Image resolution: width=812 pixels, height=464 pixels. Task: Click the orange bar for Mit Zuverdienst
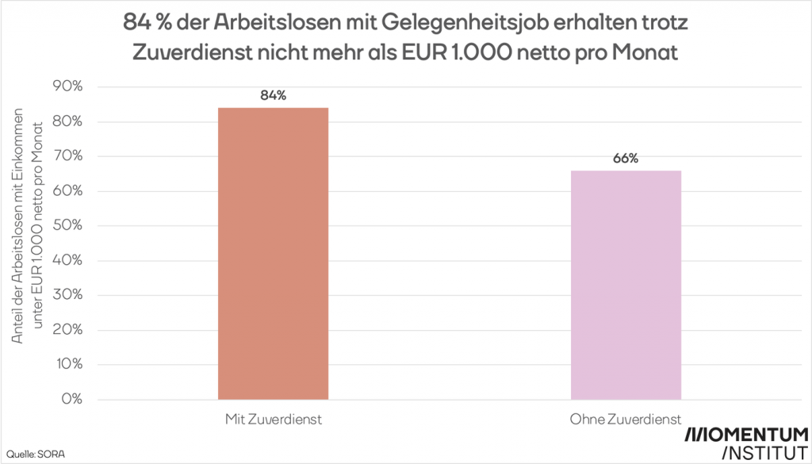[273, 254]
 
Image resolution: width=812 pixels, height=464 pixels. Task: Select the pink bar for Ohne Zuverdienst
[626, 286]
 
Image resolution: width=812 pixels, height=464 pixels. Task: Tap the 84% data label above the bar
[273, 96]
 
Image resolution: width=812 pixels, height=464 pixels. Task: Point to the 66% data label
[626, 159]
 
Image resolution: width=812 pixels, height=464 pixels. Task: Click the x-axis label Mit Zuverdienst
[273, 418]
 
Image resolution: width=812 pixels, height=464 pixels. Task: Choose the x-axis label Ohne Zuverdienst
[626, 418]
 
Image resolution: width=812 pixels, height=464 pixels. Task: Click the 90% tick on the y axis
[67, 86]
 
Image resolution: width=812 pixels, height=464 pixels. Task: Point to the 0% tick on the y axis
[71, 399]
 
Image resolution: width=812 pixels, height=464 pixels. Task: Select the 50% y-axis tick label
[67, 225]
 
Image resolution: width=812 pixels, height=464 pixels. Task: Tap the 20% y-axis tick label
[67, 330]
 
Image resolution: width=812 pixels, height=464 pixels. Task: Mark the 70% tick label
[67, 156]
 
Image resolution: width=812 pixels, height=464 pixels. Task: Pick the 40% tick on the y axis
[67, 260]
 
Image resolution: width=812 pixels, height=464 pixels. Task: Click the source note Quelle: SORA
[27, 453]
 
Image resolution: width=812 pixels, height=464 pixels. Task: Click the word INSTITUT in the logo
[764, 454]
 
